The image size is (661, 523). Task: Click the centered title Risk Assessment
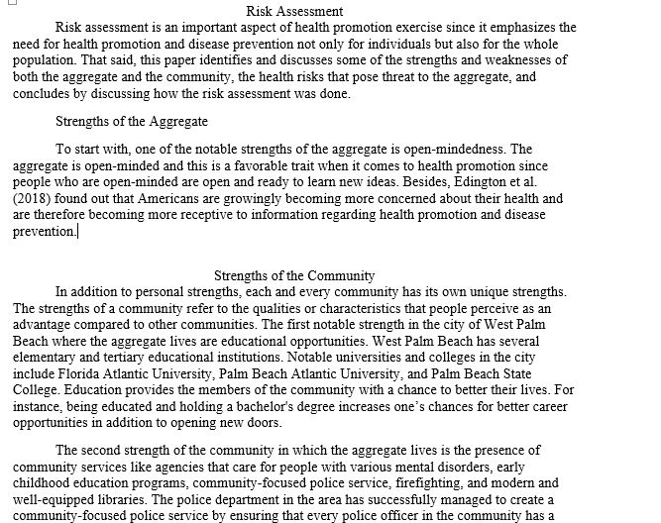tap(294, 12)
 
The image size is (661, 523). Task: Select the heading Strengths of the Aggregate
tap(132, 121)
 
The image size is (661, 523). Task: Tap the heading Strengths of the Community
tap(294, 275)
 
